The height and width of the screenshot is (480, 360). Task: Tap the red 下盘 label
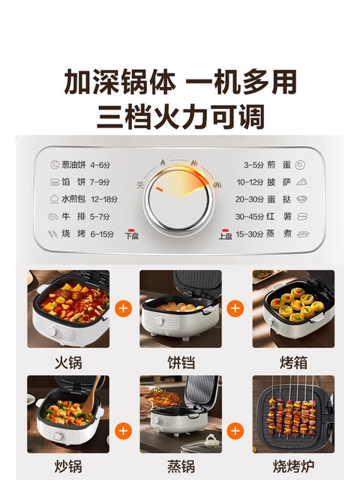(132, 235)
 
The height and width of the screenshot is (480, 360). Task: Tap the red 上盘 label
(224, 235)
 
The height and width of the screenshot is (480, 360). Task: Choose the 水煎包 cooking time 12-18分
(106, 199)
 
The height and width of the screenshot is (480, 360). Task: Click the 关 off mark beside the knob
(139, 185)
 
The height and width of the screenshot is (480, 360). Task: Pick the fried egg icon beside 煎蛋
(300, 164)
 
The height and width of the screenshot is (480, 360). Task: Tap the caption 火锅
(68, 362)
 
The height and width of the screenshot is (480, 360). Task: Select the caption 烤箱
(292, 362)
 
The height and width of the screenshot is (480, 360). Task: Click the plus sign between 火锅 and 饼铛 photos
(124, 308)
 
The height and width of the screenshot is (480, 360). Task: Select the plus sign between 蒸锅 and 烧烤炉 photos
(236, 430)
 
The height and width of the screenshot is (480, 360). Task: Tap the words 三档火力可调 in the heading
(180, 117)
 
